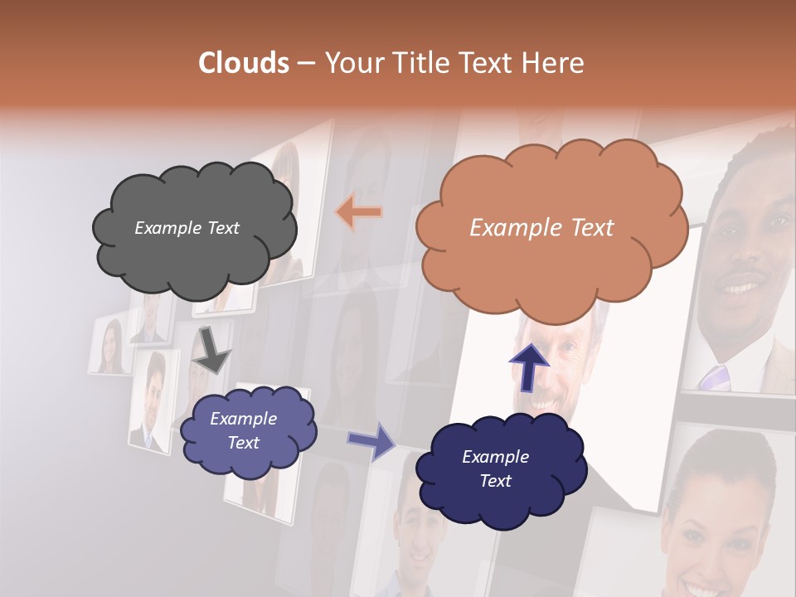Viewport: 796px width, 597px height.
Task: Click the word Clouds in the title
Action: click(244, 63)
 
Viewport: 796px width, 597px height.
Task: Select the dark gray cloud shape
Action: click(194, 228)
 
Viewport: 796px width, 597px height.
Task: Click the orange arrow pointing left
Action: click(359, 212)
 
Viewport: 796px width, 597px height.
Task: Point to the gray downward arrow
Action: click(211, 349)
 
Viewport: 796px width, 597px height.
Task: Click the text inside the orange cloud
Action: click(541, 228)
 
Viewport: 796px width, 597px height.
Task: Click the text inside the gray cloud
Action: click(187, 228)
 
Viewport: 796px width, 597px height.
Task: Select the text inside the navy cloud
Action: click(495, 469)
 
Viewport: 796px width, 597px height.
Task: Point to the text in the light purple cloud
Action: click(243, 431)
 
